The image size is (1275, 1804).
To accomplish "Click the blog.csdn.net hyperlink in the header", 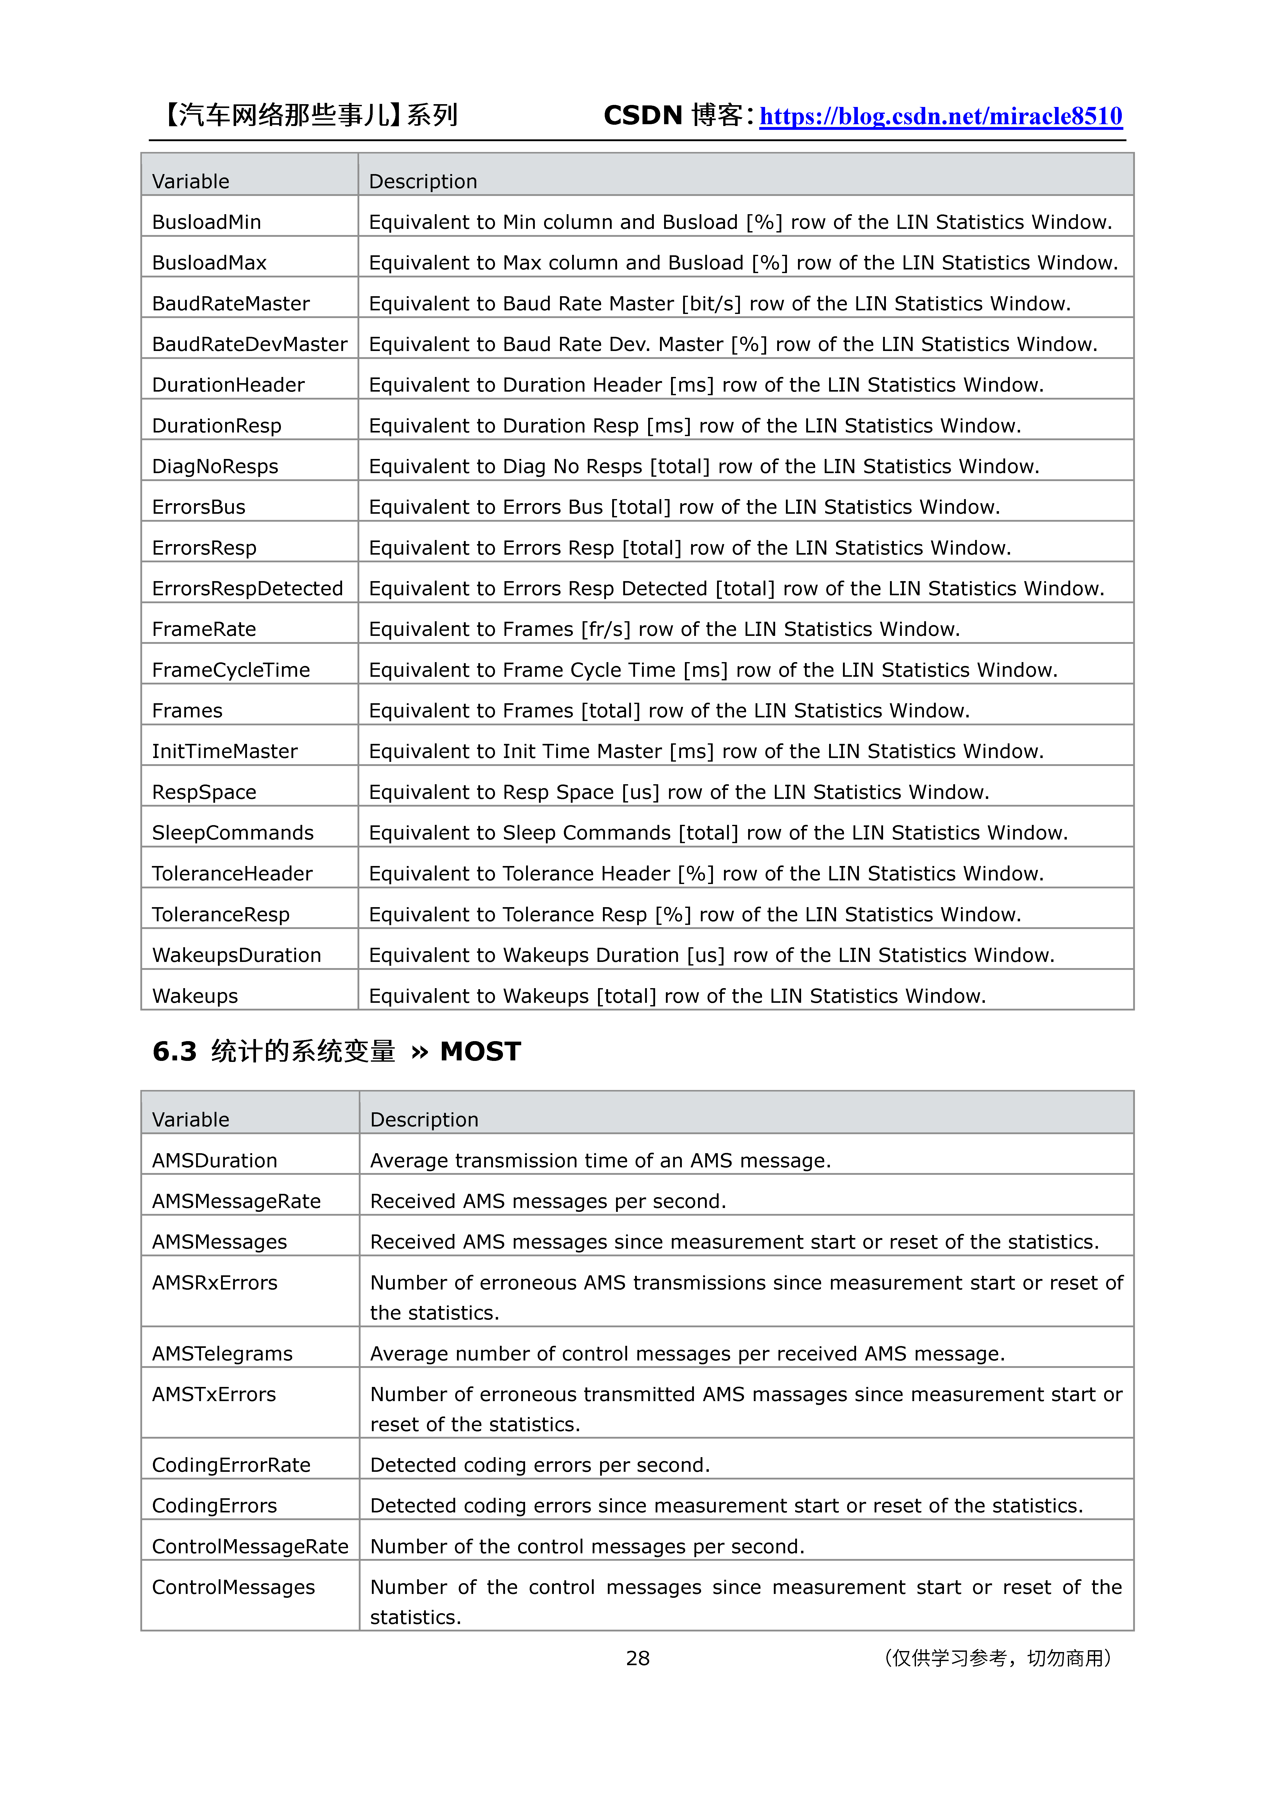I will click(940, 116).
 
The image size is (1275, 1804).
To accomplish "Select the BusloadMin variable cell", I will click(207, 222).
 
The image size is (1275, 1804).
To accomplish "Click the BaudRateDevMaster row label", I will click(249, 344).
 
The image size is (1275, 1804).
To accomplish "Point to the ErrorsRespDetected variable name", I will click(247, 589).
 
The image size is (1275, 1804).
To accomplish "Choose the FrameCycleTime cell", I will click(231, 670).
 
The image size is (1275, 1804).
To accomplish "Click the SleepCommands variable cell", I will click(233, 833).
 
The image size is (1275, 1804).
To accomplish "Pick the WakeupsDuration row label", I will click(236, 955).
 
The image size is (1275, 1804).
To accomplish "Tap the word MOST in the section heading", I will click(480, 1051).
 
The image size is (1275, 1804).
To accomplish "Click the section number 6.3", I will click(175, 1051).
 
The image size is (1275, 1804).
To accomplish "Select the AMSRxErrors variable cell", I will click(214, 1283).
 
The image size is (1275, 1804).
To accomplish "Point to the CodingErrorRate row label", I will click(231, 1465).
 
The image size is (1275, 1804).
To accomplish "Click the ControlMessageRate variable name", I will click(250, 1547).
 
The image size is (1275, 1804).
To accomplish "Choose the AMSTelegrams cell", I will click(222, 1354).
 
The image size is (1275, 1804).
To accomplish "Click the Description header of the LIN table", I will click(423, 182).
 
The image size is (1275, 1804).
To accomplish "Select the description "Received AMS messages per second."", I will click(548, 1201).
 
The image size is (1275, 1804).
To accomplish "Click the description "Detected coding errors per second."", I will click(540, 1465).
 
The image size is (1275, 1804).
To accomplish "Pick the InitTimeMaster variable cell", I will click(225, 752).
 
